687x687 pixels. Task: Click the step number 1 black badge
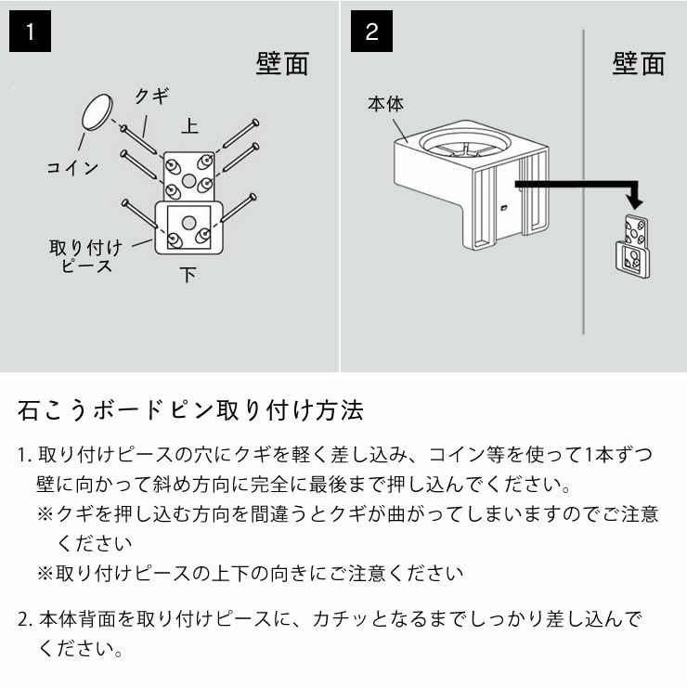point(30,32)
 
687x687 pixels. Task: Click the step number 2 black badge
point(372,32)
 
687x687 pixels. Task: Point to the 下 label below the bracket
point(188,274)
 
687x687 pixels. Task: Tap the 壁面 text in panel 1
point(281,64)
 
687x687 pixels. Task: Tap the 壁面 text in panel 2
point(639,64)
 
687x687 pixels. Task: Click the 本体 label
point(385,105)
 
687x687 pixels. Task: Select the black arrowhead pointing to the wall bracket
point(634,201)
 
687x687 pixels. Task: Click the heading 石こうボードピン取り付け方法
point(190,409)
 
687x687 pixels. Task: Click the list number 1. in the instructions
point(25,455)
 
